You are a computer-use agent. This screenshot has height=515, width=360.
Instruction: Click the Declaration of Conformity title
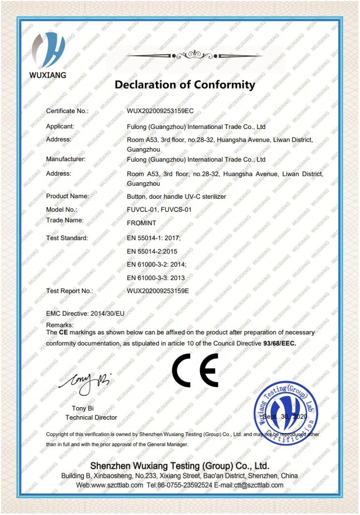[x=185, y=85]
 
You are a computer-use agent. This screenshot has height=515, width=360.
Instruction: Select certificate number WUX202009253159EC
[x=160, y=111]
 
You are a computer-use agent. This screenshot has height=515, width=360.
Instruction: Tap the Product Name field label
[x=67, y=196]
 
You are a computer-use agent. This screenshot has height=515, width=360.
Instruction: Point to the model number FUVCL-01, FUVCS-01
[x=159, y=209]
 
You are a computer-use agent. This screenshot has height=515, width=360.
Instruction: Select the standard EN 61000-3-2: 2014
[x=157, y=265]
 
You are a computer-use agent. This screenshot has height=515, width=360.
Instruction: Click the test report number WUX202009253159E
[x=158, y=291]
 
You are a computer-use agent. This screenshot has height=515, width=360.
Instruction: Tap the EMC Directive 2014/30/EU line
[x=85, y=313]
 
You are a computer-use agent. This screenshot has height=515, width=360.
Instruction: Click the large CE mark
[x=195, y=370]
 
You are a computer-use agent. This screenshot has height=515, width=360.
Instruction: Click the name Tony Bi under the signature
[x=83, y=409]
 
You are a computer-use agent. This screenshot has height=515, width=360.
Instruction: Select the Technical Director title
[x=91, y=418]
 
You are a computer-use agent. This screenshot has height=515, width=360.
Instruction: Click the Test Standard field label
[x=67, y=238]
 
